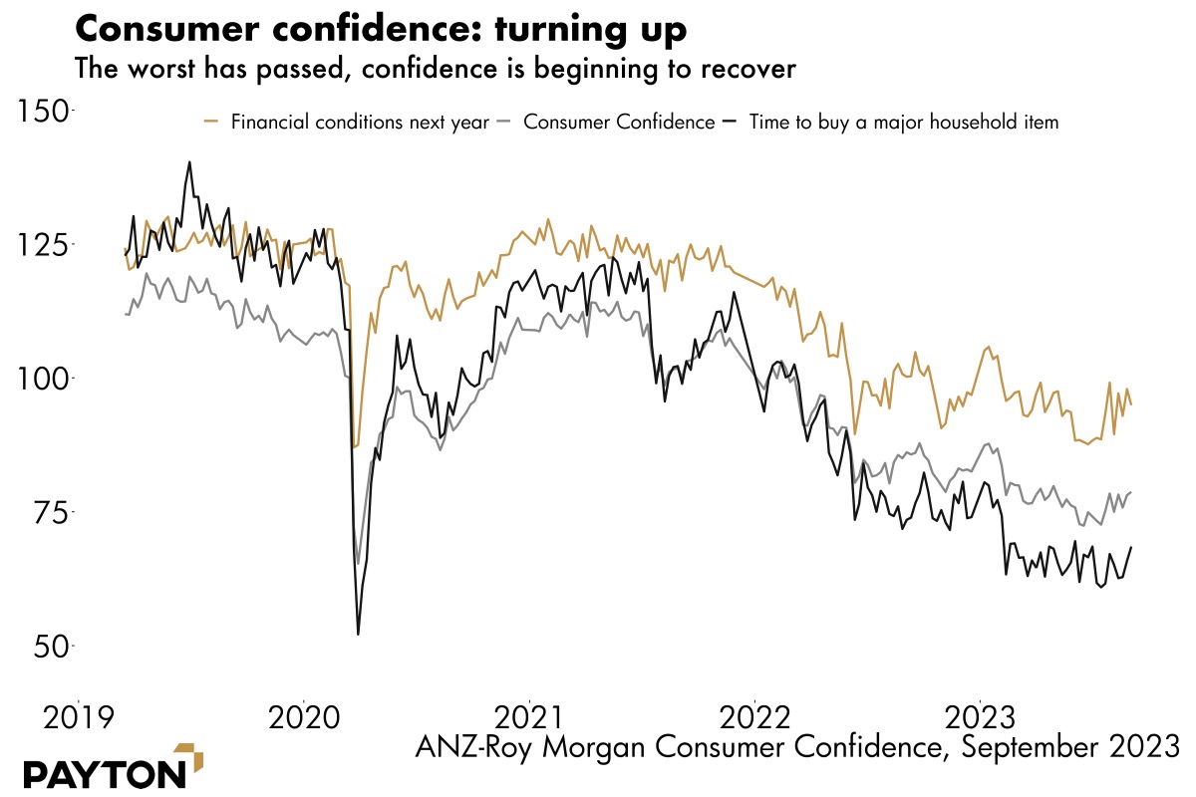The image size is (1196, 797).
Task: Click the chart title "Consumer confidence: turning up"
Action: [x=381, y=29]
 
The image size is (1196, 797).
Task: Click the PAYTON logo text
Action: [x=104, y=774]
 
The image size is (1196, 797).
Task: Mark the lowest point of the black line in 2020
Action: [x=358, y=634]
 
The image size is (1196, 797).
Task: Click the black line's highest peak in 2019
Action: [x=189, y=161]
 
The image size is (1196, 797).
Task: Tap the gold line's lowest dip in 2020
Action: [x=355, y=447]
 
